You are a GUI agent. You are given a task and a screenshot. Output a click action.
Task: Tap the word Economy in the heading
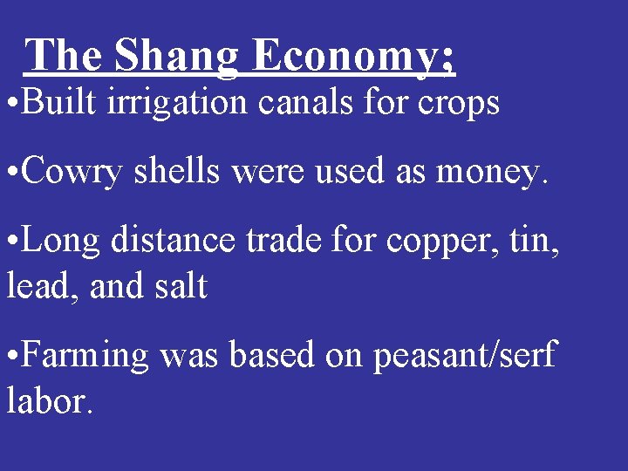352,58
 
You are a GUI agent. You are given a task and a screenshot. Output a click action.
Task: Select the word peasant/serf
465,357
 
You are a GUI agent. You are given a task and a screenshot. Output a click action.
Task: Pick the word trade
267,241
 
